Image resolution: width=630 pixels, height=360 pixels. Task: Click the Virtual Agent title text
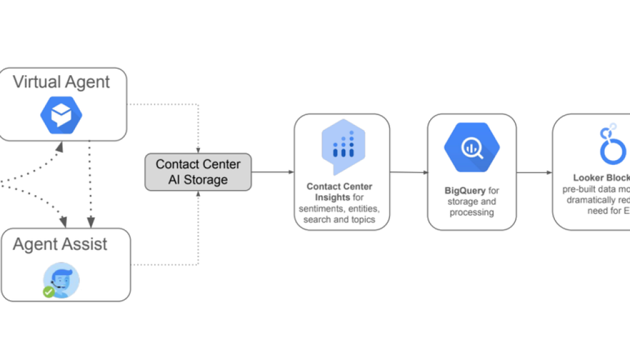[62, 82]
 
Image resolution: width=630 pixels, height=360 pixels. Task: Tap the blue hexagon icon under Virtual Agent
[62, 114]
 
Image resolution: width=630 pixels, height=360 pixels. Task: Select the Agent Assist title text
[60, 244]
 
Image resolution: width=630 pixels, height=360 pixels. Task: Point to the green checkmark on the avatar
[49, 291]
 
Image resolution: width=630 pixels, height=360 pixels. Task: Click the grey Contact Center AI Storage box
[198, 172]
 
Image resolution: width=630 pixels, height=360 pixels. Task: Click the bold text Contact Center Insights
[339, 191]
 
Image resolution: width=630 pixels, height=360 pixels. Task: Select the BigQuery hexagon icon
[472, 148]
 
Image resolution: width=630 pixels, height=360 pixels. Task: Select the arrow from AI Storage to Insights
[273, 172]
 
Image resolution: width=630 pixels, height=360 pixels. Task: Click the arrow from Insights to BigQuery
[409, 172]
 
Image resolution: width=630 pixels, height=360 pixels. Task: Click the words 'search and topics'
[339, 219]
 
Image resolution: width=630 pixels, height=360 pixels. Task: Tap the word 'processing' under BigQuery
[471, 212]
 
